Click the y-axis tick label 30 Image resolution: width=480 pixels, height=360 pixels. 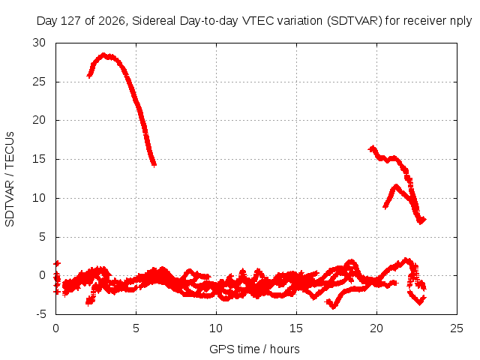point(39,43)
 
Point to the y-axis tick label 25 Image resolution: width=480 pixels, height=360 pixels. point(39,82)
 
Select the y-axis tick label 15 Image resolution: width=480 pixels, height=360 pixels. point(39,159)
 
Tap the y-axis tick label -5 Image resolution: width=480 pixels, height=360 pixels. point(41,314)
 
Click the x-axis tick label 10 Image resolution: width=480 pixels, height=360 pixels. point(216,328)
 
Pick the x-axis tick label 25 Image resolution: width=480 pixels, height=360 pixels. point(457,328)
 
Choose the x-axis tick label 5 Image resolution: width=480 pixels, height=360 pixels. point(136,328)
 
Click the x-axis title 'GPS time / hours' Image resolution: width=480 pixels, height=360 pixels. point(254,349)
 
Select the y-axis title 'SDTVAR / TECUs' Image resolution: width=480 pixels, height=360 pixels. point(10,179)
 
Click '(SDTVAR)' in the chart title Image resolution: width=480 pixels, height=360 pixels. point(355,21)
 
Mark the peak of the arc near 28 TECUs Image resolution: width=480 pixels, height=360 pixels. point(103,55)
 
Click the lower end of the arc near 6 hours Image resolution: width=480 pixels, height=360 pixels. point(154,165)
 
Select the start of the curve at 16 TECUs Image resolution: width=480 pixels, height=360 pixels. point(372,149)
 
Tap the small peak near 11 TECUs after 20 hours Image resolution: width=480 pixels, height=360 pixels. point(397,186)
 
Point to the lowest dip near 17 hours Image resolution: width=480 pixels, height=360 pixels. point(334,306)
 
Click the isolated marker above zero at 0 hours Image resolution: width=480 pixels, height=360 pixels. point(57,263)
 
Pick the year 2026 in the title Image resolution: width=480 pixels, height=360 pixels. point(112,21)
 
